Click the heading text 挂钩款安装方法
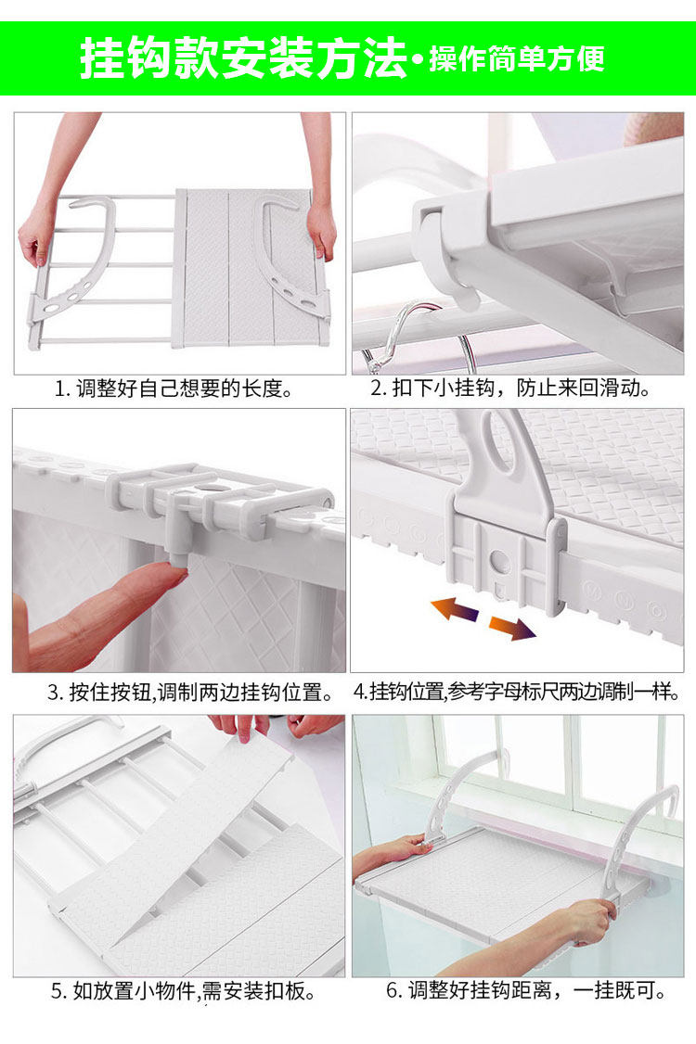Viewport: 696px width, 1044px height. click(x=243, y=57)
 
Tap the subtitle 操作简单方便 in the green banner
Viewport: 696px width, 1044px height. click(x=516, y=58)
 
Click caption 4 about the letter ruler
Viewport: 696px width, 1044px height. click(x=517, y=692)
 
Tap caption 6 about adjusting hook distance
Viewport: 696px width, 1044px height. click(x=526, y=990)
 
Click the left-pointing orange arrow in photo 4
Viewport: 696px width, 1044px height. click(x=454, y=609)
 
